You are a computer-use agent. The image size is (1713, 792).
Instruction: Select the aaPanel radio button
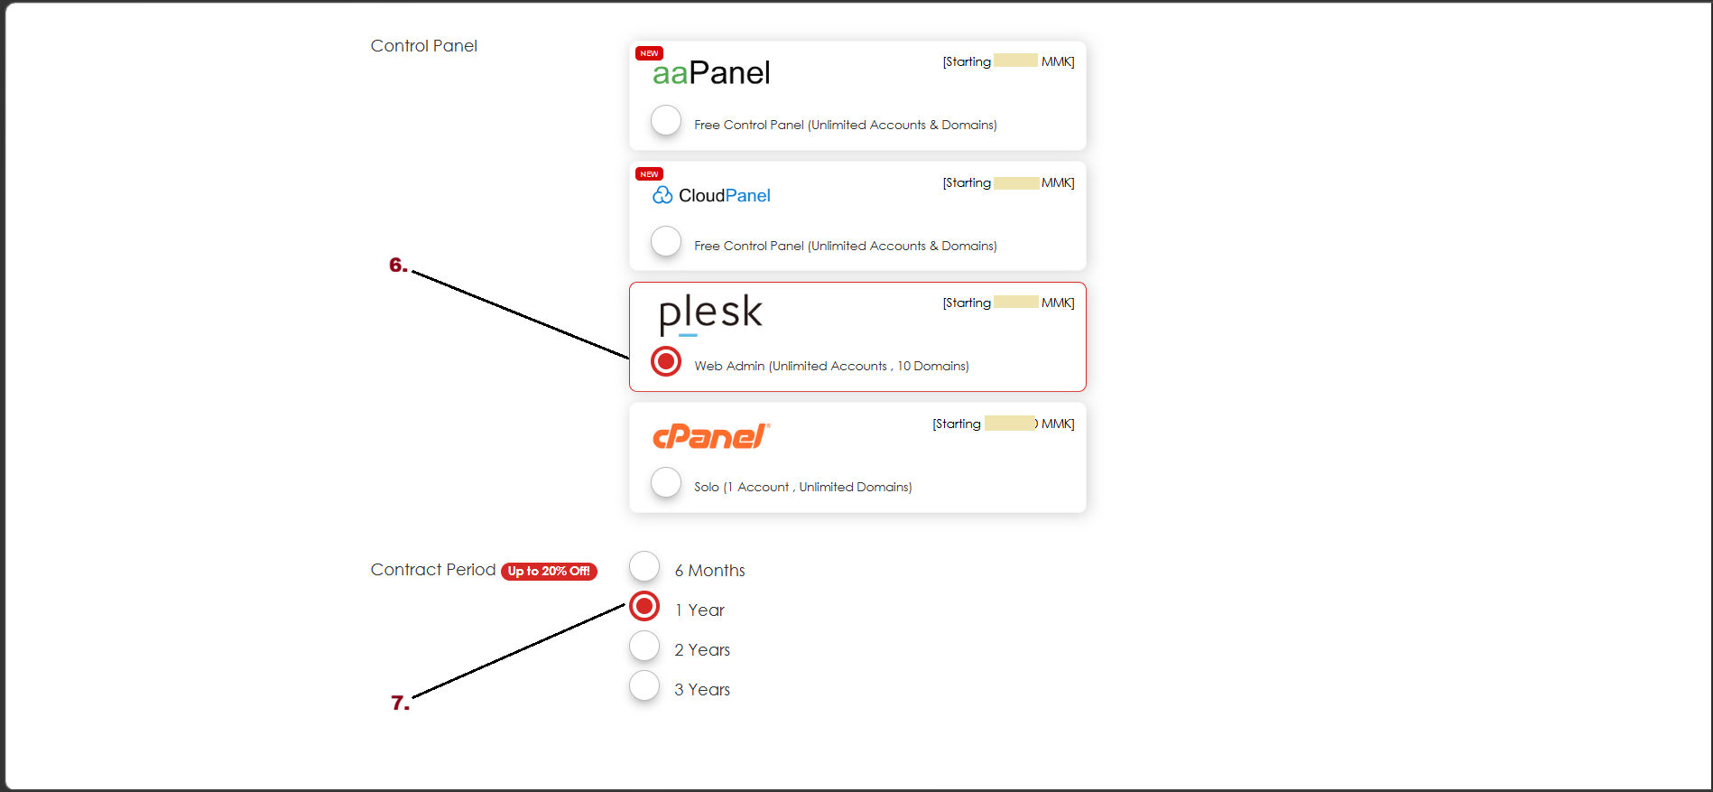coord(666,120)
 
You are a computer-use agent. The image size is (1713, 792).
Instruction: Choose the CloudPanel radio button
coord(666,241)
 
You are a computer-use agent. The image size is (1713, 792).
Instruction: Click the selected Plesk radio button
coord(666,361)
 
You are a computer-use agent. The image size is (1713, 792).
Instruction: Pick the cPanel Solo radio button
coord(666,482)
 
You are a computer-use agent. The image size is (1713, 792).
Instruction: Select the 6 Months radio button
coord(644,566)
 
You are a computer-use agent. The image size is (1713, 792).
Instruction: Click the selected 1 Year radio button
coord(644,606)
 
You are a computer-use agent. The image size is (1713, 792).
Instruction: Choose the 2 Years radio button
coord(644,646)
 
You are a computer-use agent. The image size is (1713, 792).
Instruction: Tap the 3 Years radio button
coord(644,685)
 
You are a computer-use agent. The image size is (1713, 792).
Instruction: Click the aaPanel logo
coord(711,73)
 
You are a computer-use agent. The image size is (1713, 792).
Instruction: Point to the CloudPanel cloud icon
coord(662,195)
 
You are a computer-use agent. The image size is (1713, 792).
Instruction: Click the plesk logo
coord(710,312)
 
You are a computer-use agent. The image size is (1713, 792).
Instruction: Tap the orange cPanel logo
coord(710,436)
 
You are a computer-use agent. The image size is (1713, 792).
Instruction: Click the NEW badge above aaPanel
coord(649,53)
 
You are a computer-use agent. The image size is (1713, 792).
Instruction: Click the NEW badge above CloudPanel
coord(649,174)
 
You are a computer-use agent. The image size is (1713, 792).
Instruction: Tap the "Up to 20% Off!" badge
coord(549,571)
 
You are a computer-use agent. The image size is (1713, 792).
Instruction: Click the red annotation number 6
coord(398,265)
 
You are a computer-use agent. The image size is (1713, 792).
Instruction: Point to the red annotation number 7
coord(400,703)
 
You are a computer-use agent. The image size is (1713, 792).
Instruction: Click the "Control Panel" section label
coord(423,46)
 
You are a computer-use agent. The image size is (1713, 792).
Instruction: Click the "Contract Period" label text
coord(433,570)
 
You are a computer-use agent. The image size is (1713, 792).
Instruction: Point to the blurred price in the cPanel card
coord(1010,424)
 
